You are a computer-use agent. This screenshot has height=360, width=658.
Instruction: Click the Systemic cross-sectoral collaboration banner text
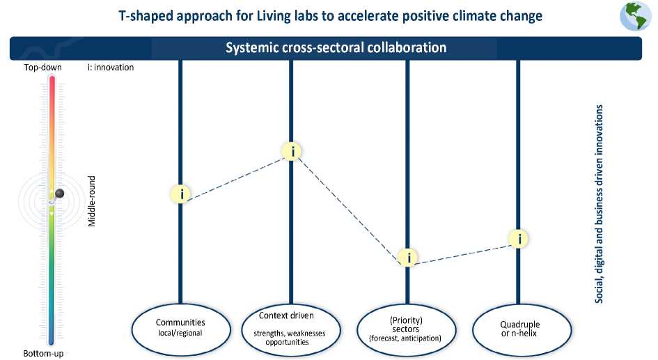click(x=336, y=48)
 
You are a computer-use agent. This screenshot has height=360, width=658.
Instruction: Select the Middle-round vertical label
click(x=92, y=200)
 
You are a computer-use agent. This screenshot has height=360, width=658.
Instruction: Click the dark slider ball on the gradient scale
click(x=59, y=194)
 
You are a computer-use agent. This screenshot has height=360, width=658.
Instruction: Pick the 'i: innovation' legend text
click(x=111, y=68)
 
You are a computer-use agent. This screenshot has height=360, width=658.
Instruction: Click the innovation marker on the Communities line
click(x=181, y=194)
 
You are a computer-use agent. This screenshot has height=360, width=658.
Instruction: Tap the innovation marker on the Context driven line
click(x=292, y=151)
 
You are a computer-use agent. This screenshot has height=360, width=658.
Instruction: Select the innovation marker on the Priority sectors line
click(x=409, y=258)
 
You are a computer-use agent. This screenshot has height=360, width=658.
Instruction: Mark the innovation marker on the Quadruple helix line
click(x=519, y=239)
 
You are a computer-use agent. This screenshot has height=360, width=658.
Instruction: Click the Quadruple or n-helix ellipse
click(x=519, y=328)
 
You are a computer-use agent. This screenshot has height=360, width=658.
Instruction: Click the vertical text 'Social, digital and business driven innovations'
click(x=599, y=204)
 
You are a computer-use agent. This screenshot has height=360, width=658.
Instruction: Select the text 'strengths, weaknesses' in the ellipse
click(x=292, y=334)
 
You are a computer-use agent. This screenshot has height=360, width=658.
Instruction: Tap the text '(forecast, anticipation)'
click(x=405, y=338)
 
